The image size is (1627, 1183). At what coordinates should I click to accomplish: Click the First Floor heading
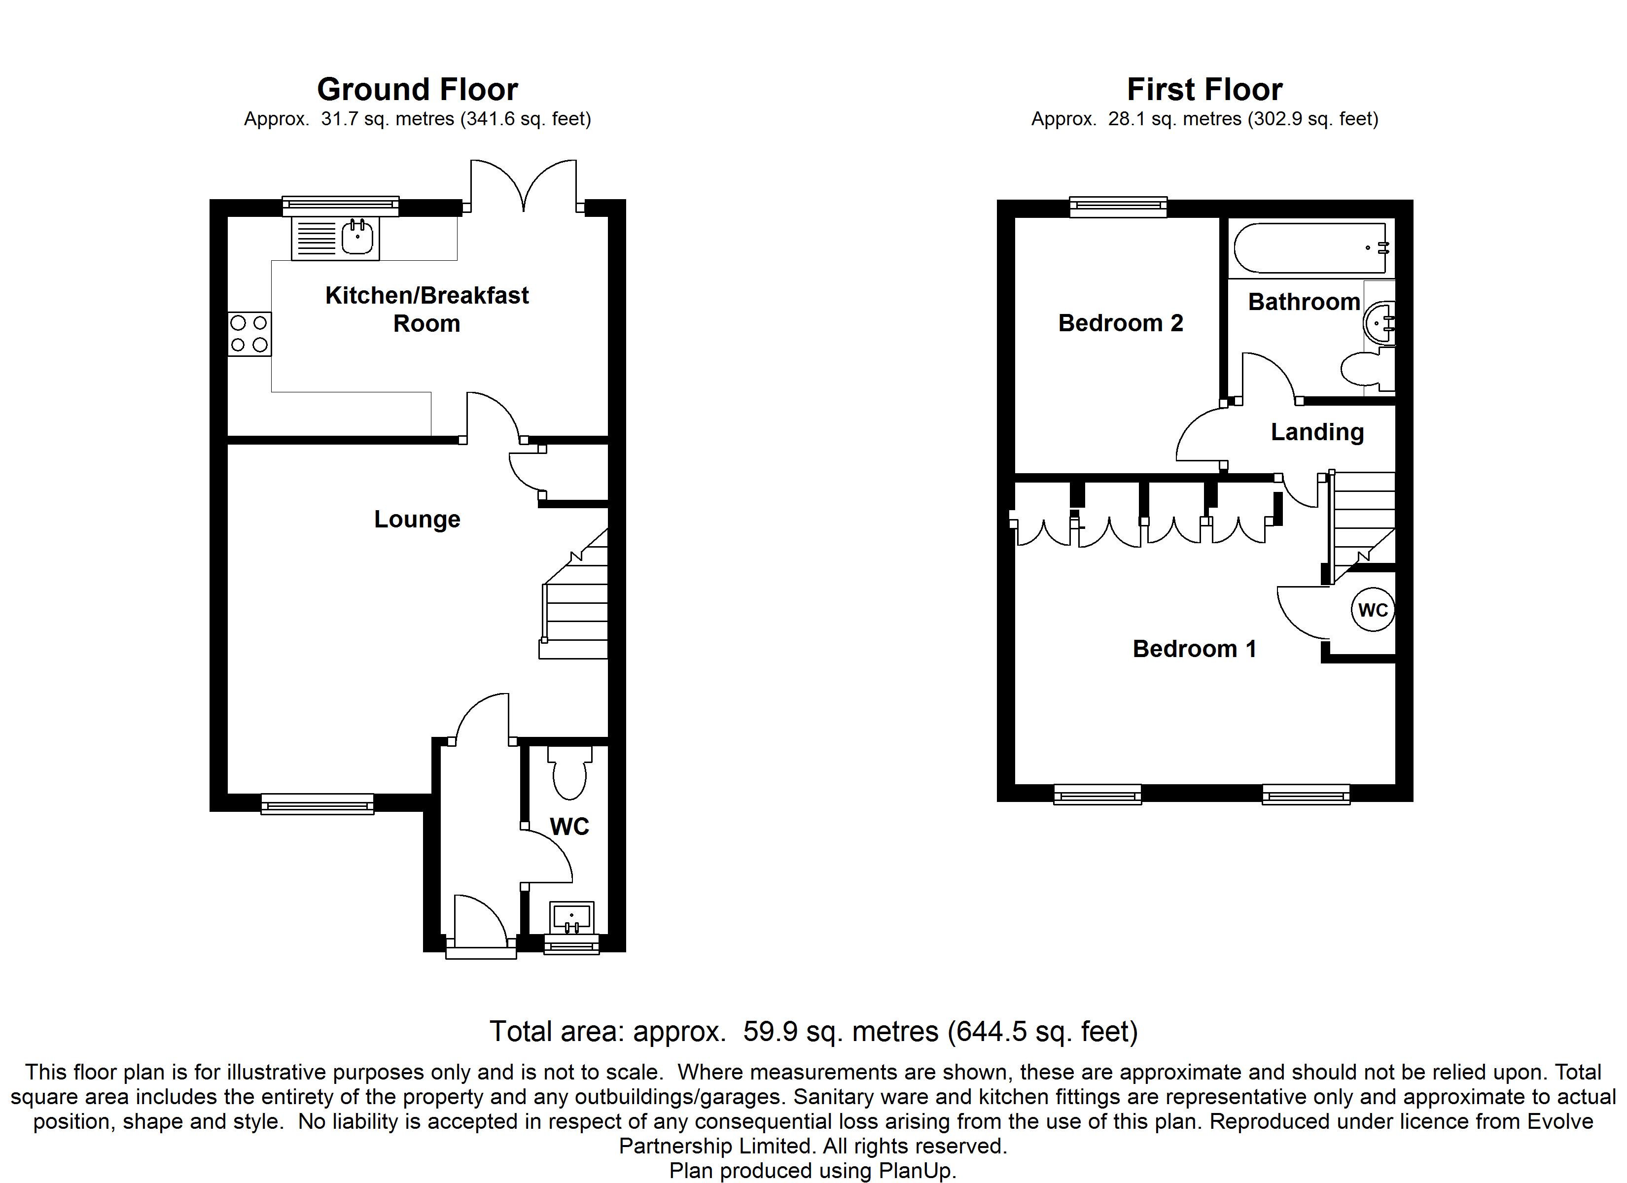[1204, 90]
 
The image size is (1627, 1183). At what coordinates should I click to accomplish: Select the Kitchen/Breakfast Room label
[427, 309]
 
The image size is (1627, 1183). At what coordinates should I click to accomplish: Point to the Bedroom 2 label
[1121, 323]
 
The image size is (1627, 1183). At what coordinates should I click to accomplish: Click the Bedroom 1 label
[1195, 649]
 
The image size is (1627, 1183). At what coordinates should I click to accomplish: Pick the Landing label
[1317, 432]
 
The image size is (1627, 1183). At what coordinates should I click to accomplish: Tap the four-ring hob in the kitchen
[249, 334]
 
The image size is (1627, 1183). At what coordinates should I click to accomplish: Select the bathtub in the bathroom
[1312, 248]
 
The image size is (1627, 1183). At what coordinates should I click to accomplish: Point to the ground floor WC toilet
[570, 772]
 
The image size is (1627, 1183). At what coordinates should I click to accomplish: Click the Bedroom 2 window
[1118, 207]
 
